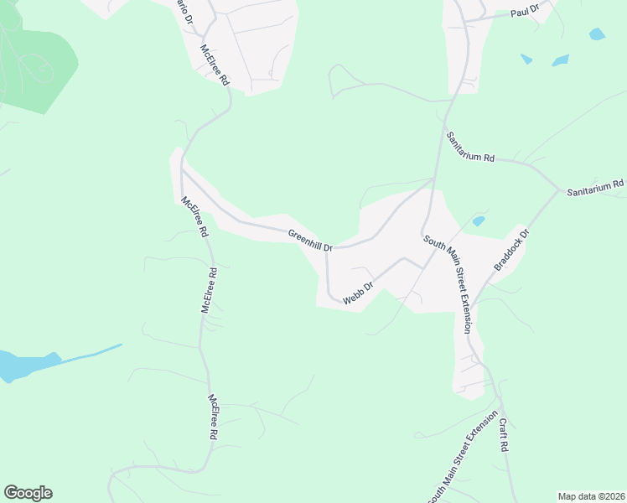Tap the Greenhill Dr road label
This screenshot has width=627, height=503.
[x=310, y=241]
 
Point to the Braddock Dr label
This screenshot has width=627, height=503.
[x=512, y=250]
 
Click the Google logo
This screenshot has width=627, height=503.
[x=28, y=493]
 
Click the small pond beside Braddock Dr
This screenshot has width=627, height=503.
[x=478, y=221]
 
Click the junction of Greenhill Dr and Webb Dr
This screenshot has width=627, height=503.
[x=326, y=250]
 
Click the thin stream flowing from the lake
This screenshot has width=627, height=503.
[x=92, y=352]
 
